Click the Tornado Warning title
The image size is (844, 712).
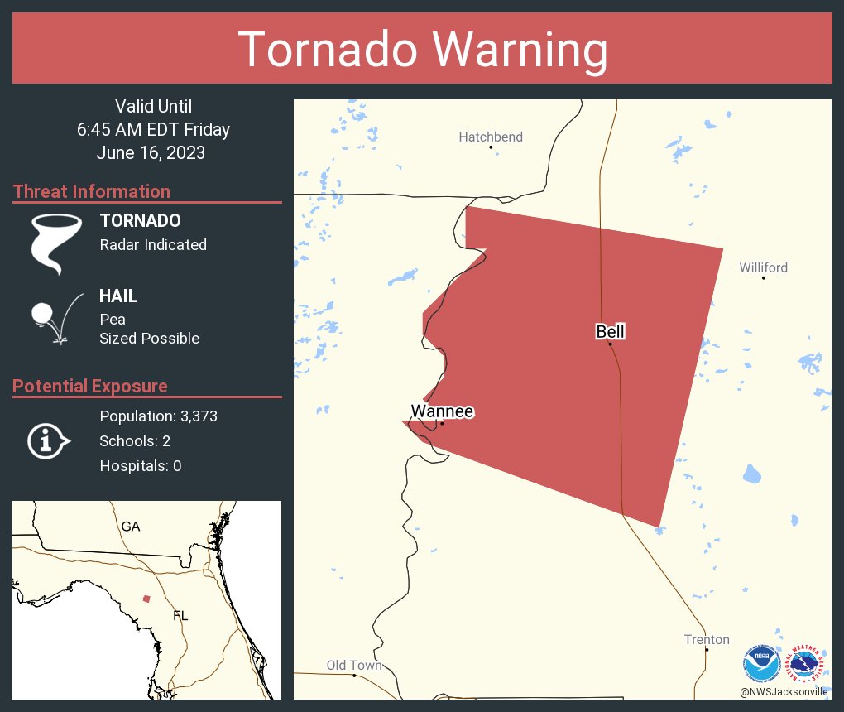coord(422,50)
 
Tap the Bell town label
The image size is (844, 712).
coord(611,332)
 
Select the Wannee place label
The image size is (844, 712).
coord(442,411)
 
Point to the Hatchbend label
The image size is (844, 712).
coord(491,137)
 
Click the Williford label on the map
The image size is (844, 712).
coord(763,267)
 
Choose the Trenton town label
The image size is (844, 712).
coord(707,639)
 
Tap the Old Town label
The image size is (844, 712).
coord(354,665)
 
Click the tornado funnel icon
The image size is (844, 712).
coord(55,243)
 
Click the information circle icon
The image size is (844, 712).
coord(47,440)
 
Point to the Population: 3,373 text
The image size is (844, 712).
coord(158,416)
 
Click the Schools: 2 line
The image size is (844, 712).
coord(135,441)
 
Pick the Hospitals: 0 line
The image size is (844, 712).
coord(141,466)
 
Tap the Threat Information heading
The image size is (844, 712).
coord(92,191)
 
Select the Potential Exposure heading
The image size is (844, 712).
coord(90,386)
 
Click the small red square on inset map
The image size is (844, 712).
coord(146,599)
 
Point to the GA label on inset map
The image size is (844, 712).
coord(131,526)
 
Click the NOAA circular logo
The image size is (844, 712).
coord(762,663)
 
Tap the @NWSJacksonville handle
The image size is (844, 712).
coord(783,691)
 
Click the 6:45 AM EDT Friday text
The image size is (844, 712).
coord(154,129)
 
